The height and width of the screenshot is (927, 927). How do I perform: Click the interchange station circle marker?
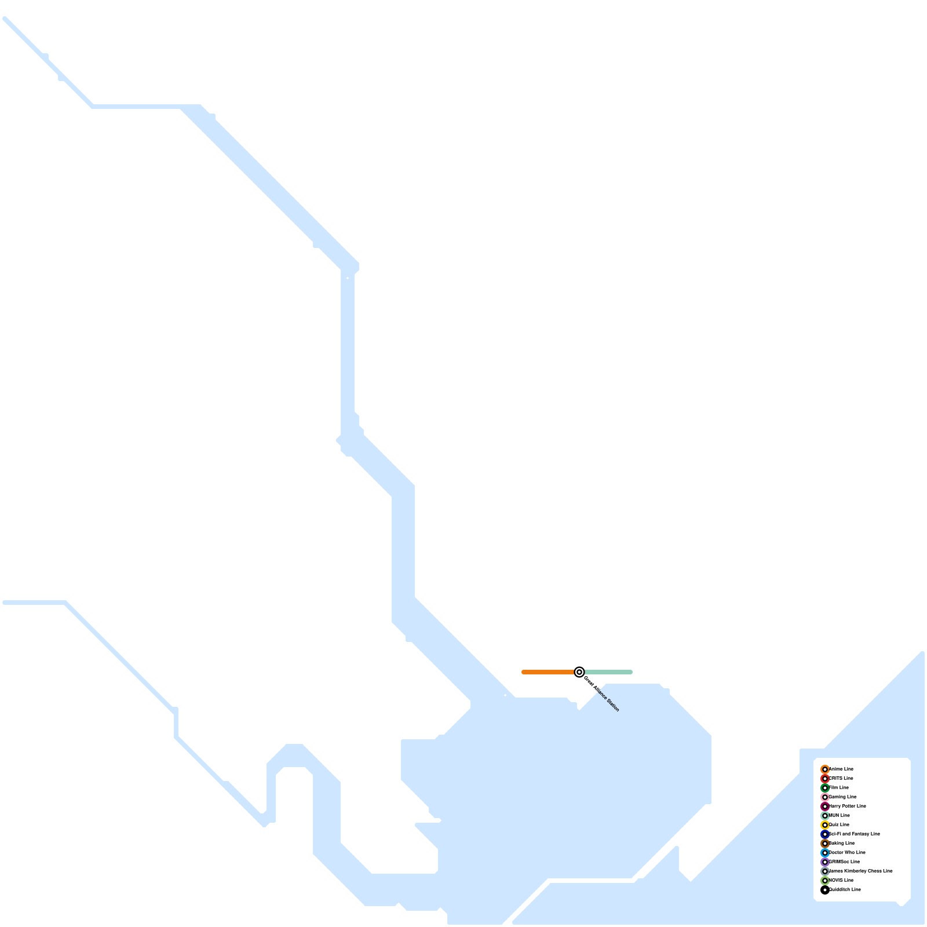pyautogui.click(x=579, y=672)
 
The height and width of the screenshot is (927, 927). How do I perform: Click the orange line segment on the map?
pyautogui.click(x=548, y=672)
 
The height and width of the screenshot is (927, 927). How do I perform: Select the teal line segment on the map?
pyautogui.click(x=608, y=672)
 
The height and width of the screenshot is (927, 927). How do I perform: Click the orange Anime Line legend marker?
pyautogui.click(x=825, y=769)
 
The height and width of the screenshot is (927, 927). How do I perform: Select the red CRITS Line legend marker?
pyautogui.click(x=825, y=779)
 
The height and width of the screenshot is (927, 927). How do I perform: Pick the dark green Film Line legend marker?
pyautogui.click(x=825, y=788)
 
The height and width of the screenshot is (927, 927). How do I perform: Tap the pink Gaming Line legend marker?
pyautogui.click(x=825, y=797)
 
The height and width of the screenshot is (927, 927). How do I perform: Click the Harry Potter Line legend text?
pyautogui.click(x=848, y=806)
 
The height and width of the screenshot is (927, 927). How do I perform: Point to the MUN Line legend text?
pyautogui.click(x=840, y=815)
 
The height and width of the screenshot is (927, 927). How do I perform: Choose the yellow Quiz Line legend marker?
pyautogui.click(x=825, y=825)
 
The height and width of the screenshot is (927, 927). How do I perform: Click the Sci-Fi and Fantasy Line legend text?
pyautogui.click(x=855, y=834)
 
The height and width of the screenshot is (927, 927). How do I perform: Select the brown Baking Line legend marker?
pyautogui.click(x=825, y=844)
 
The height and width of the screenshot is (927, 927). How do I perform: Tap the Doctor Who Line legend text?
pyautogui.click(x=847, y=852)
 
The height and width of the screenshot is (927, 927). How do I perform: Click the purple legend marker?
pyautogui.click(x=825, y=862)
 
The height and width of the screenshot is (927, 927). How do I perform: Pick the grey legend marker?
pyautogui.click(x=825, y=871)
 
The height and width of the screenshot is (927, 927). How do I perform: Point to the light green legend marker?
pyautogui.click(x=825, y=881)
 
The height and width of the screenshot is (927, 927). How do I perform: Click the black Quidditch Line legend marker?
pyautogui.click(x=825, y=890)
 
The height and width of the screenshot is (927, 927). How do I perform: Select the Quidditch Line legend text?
pyautogui.click(x=845, y=889)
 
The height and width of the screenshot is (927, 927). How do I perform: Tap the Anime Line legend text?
pyautogui.click(x=841, y=769)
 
